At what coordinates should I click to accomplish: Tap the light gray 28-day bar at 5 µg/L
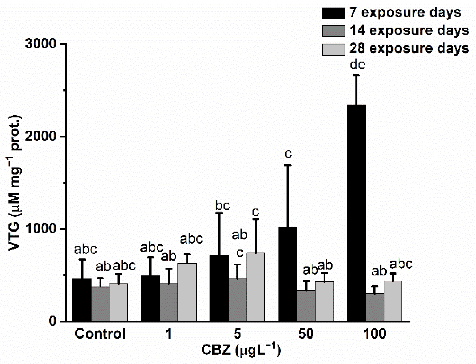(x=255, y=287)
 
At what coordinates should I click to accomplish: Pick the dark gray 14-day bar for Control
(x=101, y=304)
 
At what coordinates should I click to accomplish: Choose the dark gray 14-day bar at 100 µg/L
(x=375, y=307)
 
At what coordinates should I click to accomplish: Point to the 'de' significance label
(x=358, y=65)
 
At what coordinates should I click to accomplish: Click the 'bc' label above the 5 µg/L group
(x=223, y=206)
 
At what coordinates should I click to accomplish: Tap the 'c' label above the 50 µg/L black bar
(x=288, y=154)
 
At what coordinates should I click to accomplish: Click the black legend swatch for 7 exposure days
(x=334, y=13)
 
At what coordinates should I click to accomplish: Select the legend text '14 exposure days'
(x=409, y=30)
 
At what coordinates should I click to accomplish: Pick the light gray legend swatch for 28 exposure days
(x=334, y=49)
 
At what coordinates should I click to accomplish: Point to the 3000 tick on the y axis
(x=40, y=44)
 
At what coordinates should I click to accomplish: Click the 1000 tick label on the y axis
(x=40, y=229)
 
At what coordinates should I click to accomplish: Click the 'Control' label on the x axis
(x=100, y=334)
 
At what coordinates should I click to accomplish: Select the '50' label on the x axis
(x=306, y=334)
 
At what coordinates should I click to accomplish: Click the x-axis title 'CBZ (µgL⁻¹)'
(x=241, y=350)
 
